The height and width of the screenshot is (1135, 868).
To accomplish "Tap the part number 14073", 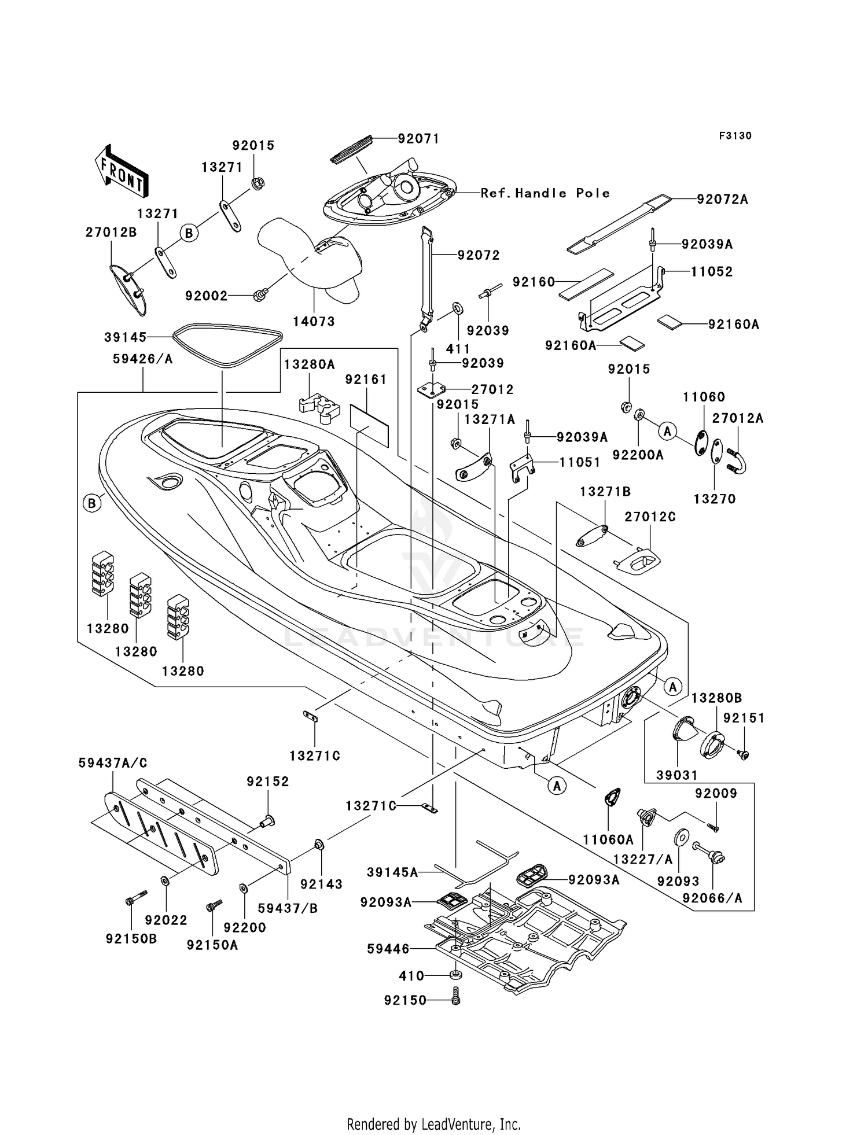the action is click(x=314, y=322).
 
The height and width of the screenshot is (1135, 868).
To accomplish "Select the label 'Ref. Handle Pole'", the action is click(x=545, y=193).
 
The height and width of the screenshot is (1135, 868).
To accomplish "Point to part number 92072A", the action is click(x=722, y=200).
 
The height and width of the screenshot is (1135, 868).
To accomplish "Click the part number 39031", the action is click(x=677, y=775).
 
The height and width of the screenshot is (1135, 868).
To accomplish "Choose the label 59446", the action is click(x=388, y=949).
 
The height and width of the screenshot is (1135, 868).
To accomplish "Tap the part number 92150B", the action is click(x=131, y=939).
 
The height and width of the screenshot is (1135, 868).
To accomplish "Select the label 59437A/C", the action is click(x=113, y=763).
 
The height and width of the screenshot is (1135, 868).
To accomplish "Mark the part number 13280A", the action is click(x=309, y=364).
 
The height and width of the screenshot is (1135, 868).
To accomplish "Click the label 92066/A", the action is click(x=712, y=898).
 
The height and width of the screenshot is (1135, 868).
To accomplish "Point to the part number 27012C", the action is click(x=650, y=517).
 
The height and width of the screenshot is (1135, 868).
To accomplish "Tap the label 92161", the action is click(x=366, y=379).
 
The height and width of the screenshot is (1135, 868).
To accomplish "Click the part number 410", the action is click(x=412, y=976).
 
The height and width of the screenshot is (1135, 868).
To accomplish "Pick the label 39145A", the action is click(x=392, y=872).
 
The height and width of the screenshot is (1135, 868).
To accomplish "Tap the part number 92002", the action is click(x=206, y=296).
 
